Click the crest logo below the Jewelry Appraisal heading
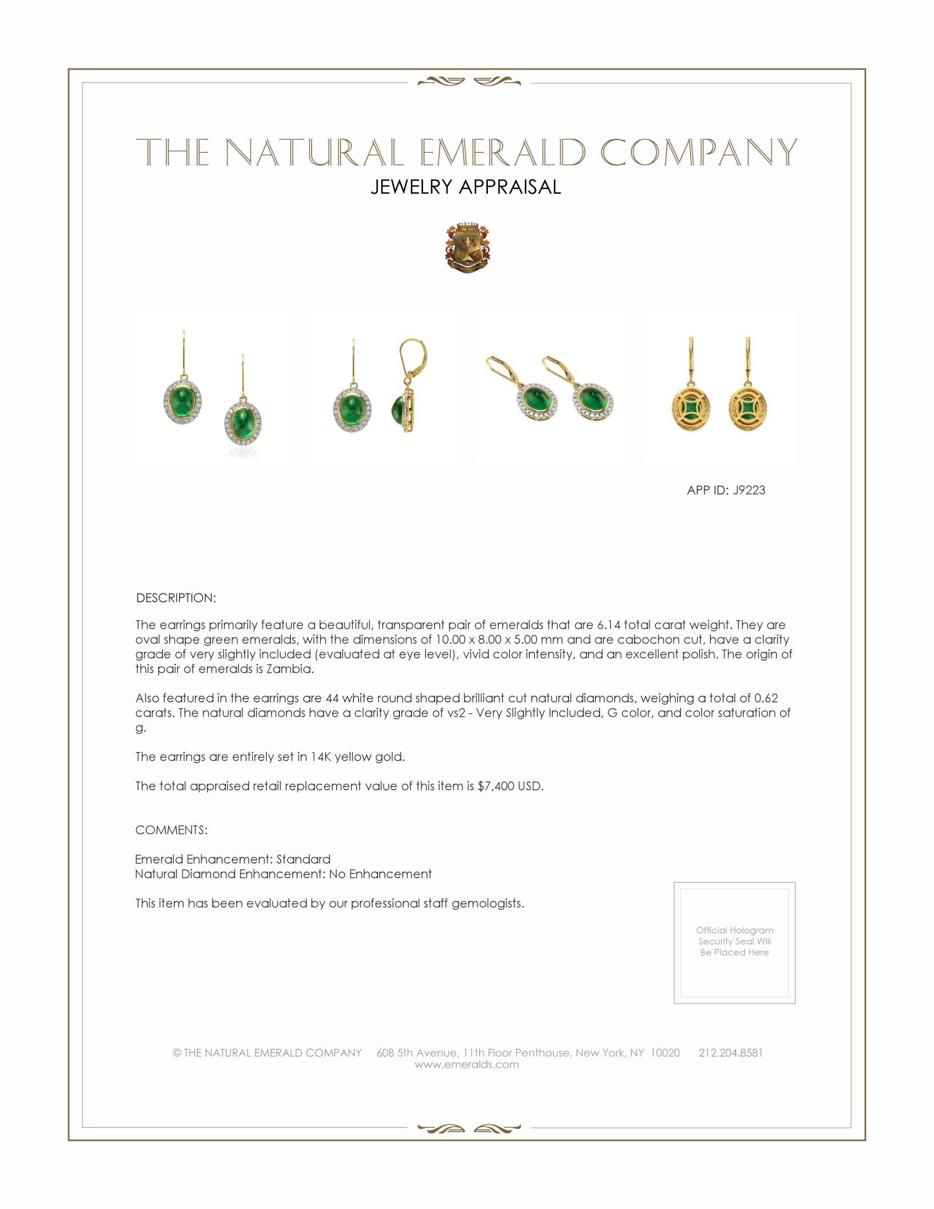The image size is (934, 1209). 467,248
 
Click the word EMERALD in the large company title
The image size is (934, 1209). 502,153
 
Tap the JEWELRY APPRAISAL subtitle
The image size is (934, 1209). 466,187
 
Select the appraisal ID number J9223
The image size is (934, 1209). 749,490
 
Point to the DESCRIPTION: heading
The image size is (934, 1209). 176,598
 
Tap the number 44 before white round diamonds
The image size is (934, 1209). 332,698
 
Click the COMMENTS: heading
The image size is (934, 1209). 171,830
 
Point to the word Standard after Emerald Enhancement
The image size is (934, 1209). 303,859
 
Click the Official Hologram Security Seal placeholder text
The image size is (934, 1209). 734,941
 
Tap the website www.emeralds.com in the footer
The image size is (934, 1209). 466,1064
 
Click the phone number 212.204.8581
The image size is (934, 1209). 730,1052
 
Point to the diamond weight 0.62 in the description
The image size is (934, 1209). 766,698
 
